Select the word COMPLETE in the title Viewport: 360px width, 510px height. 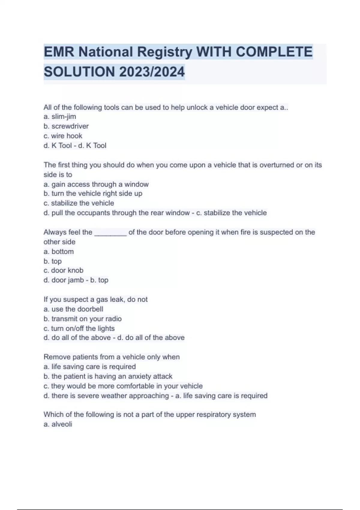tap(274, 52)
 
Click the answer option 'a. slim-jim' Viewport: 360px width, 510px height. tap(60, 117)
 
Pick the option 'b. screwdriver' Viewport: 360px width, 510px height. tap(66, 126)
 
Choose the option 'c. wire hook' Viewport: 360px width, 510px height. tap(63, 136)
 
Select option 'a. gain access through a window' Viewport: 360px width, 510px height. tap(96, 184)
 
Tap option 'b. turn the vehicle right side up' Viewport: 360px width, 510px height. tap(93, 193)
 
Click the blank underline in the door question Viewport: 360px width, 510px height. tap(110, 233)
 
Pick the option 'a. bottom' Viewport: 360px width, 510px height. tap(58, 252)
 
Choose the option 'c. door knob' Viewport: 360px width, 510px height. tap(63, 270)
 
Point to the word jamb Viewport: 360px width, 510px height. tap(75, 280)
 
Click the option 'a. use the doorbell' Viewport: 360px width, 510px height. tap(73, 309)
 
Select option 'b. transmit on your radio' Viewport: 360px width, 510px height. tap(82, 319)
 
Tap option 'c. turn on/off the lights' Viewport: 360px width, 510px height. tap(79, 328)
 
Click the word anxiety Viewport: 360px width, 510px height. tap(140, 376)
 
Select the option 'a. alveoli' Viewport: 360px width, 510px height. tap(58, 424)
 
